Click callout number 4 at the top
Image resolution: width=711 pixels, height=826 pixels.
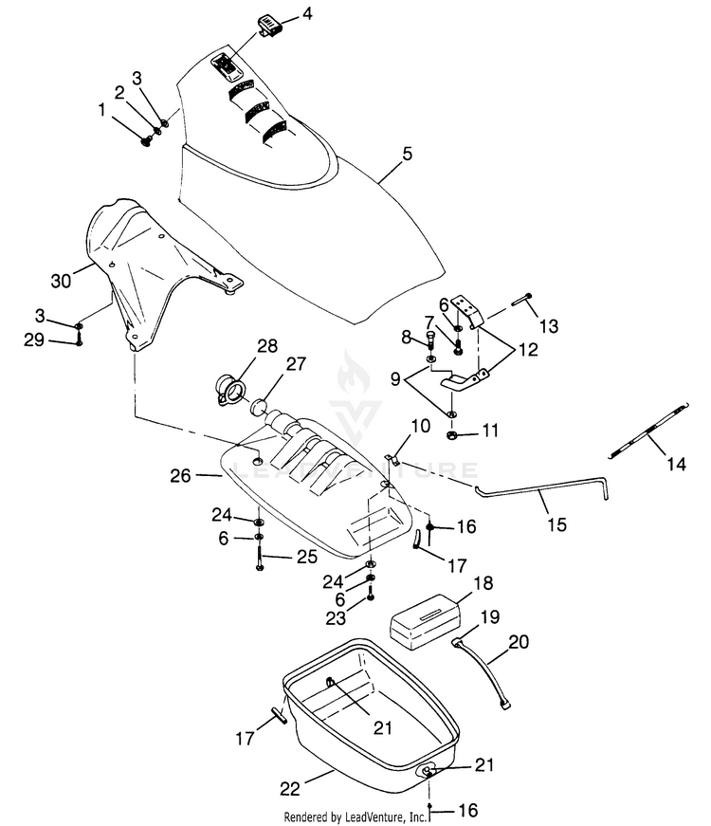tap(307, 13)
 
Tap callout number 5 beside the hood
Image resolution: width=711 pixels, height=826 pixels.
tap(407, 154)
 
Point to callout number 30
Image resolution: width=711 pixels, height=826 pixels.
tap(61, 281)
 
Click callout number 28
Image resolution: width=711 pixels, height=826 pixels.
tap(267, 346)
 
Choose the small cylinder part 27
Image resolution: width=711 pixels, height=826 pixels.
tap(260, 407)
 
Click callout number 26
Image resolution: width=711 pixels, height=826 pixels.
tap(180, 476)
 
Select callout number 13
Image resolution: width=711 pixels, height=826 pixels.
tap(549, 326)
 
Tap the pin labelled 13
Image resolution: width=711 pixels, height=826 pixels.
tap(521, 300)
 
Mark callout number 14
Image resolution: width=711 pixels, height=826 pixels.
tap(676, 464)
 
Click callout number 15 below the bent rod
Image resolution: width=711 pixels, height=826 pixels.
tap(556, 524)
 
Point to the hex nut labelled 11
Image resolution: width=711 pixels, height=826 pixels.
tap(451, 435)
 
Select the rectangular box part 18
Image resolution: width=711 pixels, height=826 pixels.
tap(424, 621)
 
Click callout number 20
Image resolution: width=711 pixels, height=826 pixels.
tap(519, 642)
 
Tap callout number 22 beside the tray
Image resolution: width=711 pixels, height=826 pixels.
tap(290, 789)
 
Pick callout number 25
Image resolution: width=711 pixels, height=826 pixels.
tap(307, 557)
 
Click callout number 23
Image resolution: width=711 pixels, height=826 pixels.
tap(335, 618)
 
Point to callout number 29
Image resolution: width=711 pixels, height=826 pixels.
tap(34, 340)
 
